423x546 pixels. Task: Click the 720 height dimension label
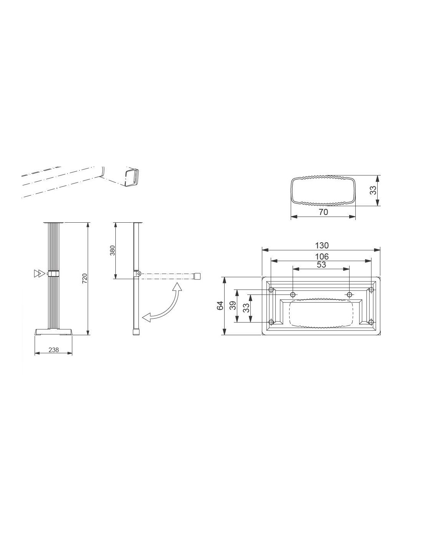[85, 278]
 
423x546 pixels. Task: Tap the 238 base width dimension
[53, 350]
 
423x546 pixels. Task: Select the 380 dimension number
[113, 250]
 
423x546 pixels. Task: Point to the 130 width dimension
[322, 245]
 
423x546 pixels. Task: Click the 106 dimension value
[322, 256]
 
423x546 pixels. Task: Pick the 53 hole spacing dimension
[321, 265]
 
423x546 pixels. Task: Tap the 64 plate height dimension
[220, 306]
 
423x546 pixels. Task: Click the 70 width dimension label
[323, 212]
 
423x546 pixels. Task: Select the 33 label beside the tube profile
[374, 190]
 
